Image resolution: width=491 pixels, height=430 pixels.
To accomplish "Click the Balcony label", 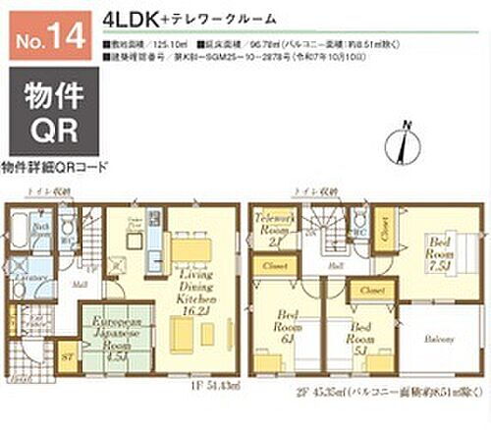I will tap(437, 337).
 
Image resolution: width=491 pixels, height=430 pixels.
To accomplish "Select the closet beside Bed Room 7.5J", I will tap(388, 228).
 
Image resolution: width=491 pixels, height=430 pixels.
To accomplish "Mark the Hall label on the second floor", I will tap(334, 263).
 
